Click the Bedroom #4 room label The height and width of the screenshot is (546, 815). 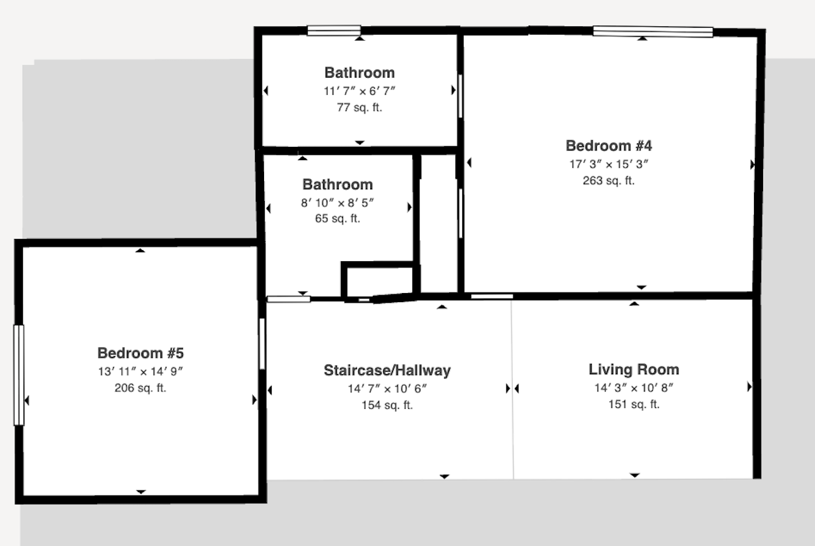pyautogui.click(x=608, y=146)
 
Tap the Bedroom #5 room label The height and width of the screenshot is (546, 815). pyautogui.click(x=140, y=353)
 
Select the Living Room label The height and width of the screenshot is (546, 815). pyautogui.click(x=633, y=369)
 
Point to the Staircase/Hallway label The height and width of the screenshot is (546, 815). pyautogui.click(x=387, y=371)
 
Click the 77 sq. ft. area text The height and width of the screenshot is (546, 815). pyautogui.click(x=359, y=107)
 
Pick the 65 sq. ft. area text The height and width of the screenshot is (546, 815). pyautogui.click(x=338, y=219)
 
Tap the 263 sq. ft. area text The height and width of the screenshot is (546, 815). pyautogui.click(x=608, y=181)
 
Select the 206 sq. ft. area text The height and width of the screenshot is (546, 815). pyautogui.click(x=140, y=388)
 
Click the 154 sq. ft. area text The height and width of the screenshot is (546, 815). pyautogui.click(x=387, y=405)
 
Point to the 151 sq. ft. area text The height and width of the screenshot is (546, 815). pyautogui.click(x=633, y=404)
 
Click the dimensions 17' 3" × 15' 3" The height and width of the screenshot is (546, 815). pyautogui.click(x=608, y=164)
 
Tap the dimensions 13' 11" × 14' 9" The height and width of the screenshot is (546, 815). pyautogui.click(x=140, y=371)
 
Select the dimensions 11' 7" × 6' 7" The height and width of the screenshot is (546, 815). pyautogui.click(x=359, y=91)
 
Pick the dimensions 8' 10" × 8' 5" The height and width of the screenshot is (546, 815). pyautogui.click(x=338, y=202)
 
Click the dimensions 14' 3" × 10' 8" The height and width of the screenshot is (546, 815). pyautogui.click(x=633, y=387)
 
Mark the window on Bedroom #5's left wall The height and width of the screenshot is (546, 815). pyautogui.click(x=19, y=375)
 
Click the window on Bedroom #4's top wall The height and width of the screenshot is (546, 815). pyautogui.click(x=653, y=32)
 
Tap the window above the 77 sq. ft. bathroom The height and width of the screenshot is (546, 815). pyautogui.click(x=334, y=30)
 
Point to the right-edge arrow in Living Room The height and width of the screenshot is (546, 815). pyautogui.click(x=749, y=387)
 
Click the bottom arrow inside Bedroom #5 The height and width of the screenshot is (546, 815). pyautogui.click(x=141, y=491)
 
